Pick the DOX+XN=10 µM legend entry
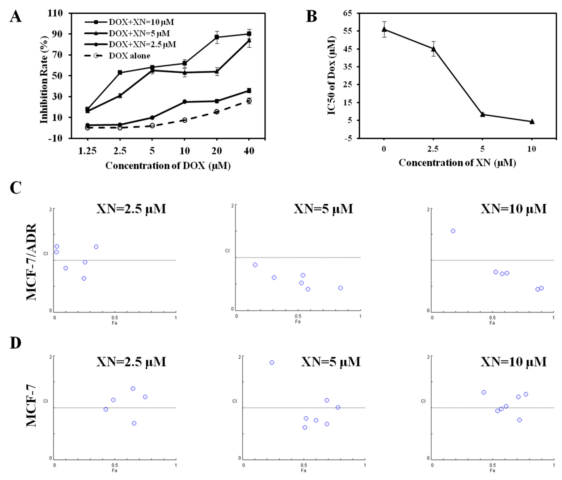click(x=141, y=22)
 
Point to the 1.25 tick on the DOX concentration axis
click(x=87, y=151)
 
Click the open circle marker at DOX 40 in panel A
click(x=249, y=101)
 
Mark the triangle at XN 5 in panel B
click(x=482, y=114)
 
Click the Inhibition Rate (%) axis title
click(x=44, y=80)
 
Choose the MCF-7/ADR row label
click(x=31, y=261)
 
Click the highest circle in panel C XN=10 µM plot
click(x=453, y=231)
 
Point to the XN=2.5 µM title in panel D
click(x=131, y=362)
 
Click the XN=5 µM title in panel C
click(x=323, y=209)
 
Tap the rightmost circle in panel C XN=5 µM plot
click(x=340, y=288)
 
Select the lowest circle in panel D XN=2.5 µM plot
click(x=134, y=423)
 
